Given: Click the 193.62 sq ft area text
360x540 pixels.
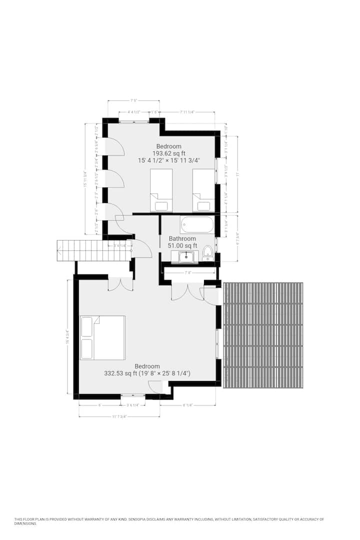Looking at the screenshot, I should (169, 153).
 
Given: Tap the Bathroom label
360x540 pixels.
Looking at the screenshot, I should (182, 239).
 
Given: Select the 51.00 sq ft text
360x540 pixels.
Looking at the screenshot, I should (182, 246).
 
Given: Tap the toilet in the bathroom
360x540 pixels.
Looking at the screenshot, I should (207, 252).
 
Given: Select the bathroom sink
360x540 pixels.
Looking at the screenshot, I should (186, 256).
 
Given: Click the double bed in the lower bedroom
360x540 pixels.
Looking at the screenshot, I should (102, 337).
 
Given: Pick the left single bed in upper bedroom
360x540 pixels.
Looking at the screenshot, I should (161, 190).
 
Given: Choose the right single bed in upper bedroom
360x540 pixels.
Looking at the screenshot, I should (203, 190).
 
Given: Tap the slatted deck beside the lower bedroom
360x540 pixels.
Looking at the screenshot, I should (263, 335).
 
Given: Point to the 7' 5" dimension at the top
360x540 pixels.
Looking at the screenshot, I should (133, 100).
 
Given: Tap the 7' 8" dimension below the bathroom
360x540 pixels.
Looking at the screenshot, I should (188, 273).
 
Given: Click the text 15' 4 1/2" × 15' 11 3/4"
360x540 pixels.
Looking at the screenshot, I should (169, 160).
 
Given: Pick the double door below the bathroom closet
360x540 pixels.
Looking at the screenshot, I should (187, 292).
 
